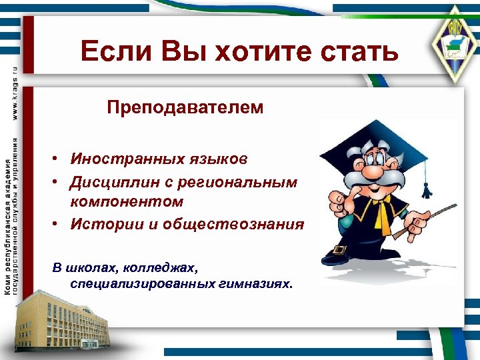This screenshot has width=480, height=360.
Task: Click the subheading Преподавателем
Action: coord(185,107)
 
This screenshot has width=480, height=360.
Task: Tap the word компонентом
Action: coord(127,201)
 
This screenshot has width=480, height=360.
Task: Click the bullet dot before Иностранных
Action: coord(59,160)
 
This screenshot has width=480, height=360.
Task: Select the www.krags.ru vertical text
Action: coord(15,93)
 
